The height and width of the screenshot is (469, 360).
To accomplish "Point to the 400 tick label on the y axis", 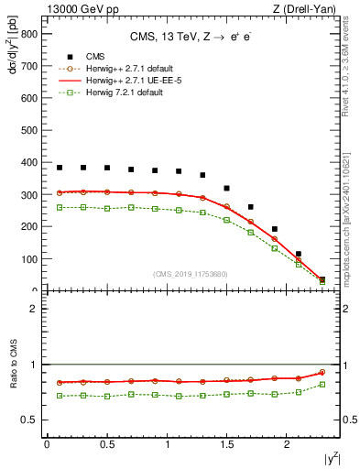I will point(28,162).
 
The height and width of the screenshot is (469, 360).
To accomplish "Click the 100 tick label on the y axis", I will point(28,259).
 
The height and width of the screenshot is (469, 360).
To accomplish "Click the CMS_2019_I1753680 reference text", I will point(191,274).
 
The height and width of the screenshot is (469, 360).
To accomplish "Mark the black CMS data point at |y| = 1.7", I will point(251,207).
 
